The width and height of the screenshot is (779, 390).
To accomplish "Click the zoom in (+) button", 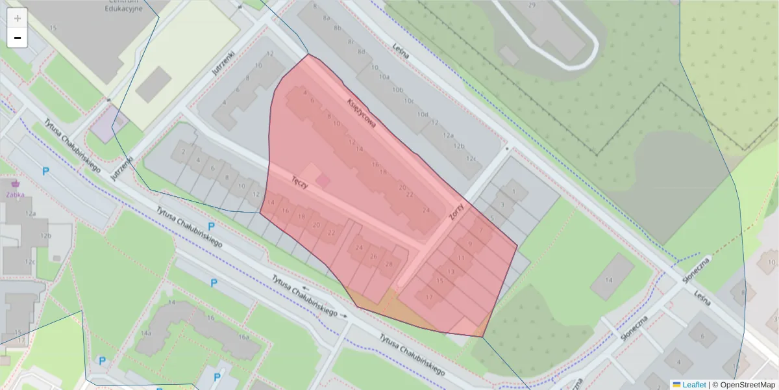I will click(18, 18).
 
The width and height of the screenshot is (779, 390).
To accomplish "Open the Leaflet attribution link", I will click(693, 385).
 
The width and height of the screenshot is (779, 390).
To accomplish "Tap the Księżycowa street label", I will click(362, 115).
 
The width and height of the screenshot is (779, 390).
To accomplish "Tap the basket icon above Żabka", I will click(11, 183).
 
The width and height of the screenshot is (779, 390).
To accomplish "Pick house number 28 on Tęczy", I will click(389, 264).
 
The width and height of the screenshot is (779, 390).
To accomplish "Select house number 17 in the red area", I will click(428, 297).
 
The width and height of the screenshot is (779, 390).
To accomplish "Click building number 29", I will click(532, 5).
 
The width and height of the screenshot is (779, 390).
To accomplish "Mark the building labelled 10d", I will click(423, 115).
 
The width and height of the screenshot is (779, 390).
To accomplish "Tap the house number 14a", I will click(146, 333).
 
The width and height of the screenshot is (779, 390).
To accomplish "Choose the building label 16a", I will click(243, 337).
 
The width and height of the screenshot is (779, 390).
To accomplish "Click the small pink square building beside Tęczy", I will click(323, 180).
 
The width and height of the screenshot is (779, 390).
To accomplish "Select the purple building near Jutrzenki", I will click(109, 123).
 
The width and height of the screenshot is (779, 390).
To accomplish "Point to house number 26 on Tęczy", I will click(373, 256).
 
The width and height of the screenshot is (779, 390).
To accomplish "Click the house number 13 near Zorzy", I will click(451, 271).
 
